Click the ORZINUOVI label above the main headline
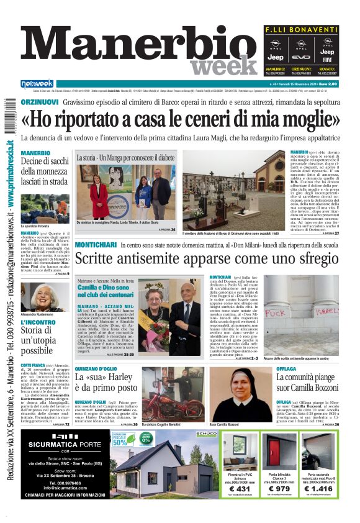40,101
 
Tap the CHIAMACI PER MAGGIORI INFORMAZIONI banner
65,512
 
